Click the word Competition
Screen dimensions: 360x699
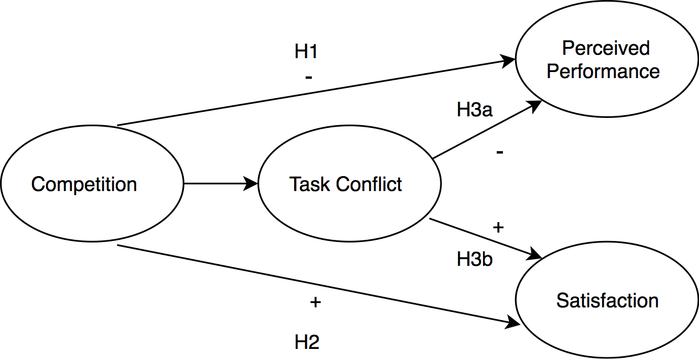84,184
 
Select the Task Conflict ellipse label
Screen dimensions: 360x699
346,184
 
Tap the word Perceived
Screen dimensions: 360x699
606,49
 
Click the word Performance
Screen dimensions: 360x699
603,72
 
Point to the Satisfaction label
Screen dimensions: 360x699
607,301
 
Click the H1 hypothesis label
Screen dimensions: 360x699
306,52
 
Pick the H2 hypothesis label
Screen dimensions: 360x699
307,342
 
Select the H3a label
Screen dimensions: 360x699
475,110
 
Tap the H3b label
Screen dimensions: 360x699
475,259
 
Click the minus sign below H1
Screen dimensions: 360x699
309,77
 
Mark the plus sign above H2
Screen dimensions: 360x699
315,302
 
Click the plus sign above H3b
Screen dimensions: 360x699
497,228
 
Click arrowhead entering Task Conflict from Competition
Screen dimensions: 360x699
253,184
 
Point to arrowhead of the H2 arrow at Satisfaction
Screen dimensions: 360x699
508,324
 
